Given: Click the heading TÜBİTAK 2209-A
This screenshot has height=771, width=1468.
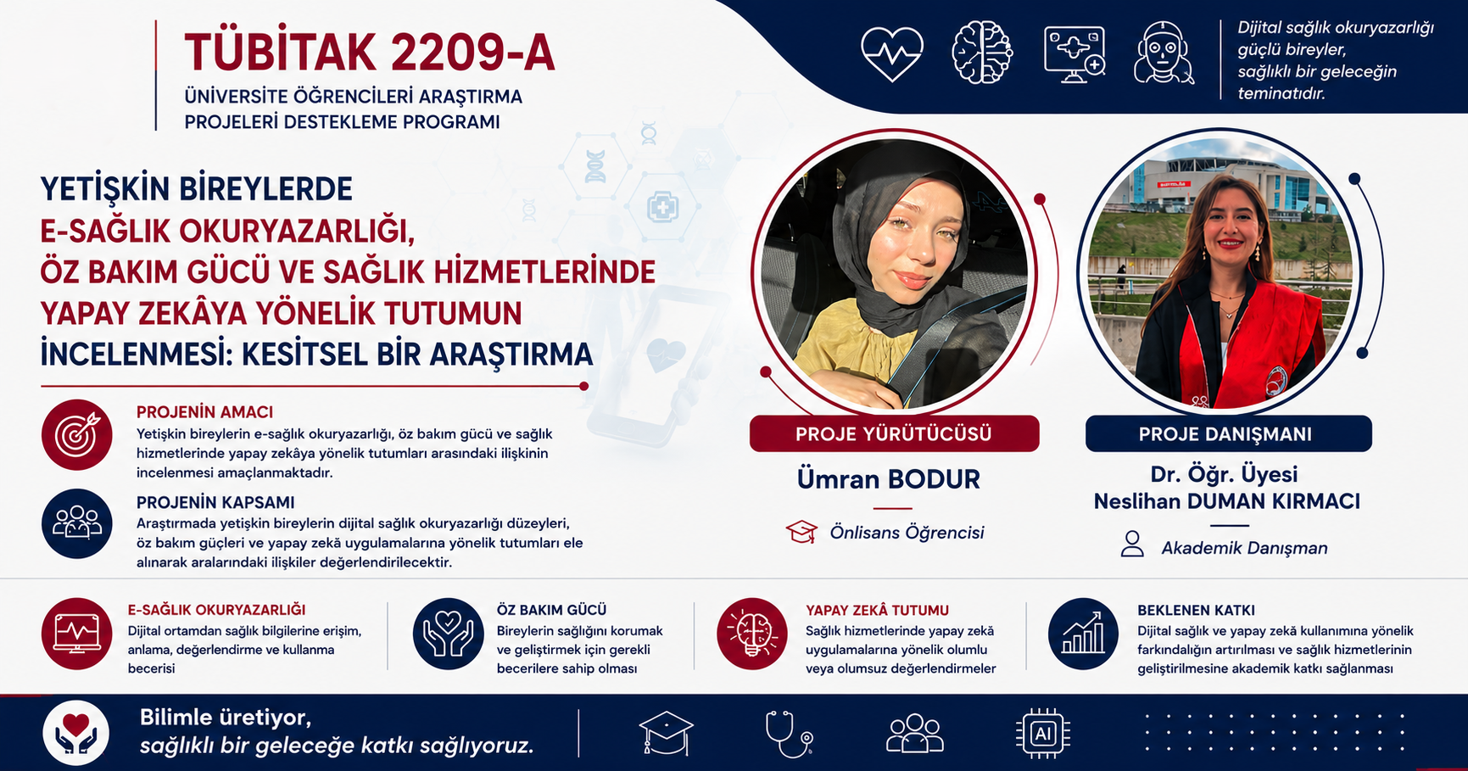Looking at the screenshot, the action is (x=370, y=53).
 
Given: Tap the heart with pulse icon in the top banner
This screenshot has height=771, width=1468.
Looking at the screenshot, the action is (x=892, y=53).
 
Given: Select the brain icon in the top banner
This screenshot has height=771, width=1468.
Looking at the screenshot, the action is (x=982, y=53).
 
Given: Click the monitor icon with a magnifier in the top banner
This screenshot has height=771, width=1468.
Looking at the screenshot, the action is (x=1074, y=53).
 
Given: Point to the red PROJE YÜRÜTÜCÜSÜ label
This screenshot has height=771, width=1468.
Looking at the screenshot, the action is (x=894, y=433).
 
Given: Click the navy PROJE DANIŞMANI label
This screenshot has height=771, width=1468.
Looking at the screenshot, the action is (x=1228, y=433).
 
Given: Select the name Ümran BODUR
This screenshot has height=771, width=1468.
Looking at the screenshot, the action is (x=888, y=479).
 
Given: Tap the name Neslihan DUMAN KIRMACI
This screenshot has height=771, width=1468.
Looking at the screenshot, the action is (x=1226, y=501).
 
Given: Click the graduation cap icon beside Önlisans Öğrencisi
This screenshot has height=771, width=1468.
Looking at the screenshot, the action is (x=801, y=532).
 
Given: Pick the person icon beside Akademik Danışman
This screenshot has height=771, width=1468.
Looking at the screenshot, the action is (x=1132, y=544).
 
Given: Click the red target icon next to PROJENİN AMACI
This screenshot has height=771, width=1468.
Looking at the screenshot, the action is (x=77, y=434).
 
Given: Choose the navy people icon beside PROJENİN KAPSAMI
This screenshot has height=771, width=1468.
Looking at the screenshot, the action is (x=77, y=523).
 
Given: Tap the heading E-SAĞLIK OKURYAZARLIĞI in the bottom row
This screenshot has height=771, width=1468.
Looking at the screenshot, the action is (x=216, y=610).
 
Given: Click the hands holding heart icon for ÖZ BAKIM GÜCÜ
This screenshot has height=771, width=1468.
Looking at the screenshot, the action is (x=449, y=634).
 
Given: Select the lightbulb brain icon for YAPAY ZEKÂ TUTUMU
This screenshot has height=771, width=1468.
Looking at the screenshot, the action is (x=752, y=634).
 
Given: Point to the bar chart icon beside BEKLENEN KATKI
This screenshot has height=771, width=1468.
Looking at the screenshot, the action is (x=1083, y=634).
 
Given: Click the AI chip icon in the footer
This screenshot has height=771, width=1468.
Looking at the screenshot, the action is (x=1043, y=733).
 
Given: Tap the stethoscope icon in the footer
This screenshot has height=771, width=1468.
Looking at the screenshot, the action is (x=789, y=734).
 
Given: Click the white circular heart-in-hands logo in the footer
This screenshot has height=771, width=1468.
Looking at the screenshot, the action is (x=76, y=733).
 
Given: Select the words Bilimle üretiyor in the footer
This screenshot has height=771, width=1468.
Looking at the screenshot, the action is (x=226, y=718).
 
